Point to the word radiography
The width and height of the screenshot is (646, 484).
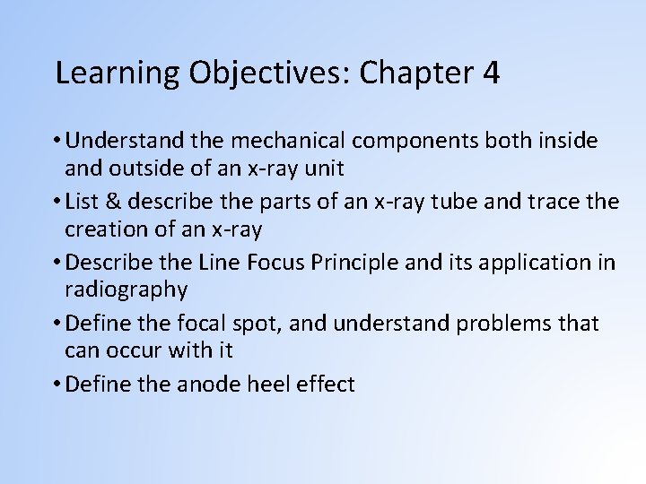click(x=127, y=289)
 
